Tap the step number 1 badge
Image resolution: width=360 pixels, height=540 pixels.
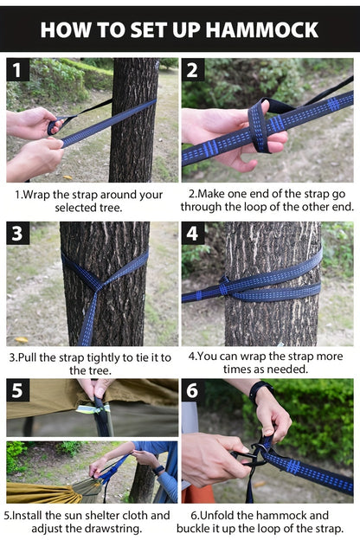coord(17,70)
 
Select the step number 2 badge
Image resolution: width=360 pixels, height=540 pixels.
coord(193,70)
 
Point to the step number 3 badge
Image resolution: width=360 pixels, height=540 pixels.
coord(17,234)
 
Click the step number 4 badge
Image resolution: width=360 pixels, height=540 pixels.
coord(193,234)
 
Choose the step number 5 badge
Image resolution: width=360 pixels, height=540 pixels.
coord(17,390)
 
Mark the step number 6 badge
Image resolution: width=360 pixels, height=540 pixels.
coord(193,390)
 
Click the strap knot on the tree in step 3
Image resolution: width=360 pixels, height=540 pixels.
coord(97,285)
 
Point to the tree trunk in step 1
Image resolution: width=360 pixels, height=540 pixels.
coord(133,121)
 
